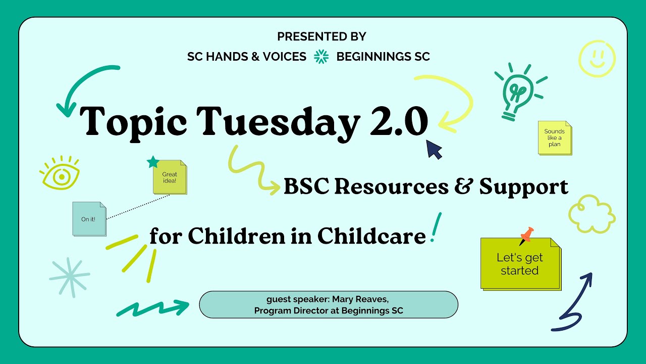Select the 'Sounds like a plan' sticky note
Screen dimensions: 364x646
pos(554,138)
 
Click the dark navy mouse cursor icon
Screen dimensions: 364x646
pos(434,150)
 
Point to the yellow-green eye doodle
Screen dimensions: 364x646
pos(60,174)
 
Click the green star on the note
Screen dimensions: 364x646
pos(152,162)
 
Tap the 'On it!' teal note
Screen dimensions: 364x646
pos(89,219)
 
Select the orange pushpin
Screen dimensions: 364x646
pos(526,235)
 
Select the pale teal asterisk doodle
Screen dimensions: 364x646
pos(70,276)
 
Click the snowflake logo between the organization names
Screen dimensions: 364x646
pos(321,57)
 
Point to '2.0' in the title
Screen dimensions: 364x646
pos(399,122)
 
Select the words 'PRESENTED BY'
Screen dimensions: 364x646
pos(321,36)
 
